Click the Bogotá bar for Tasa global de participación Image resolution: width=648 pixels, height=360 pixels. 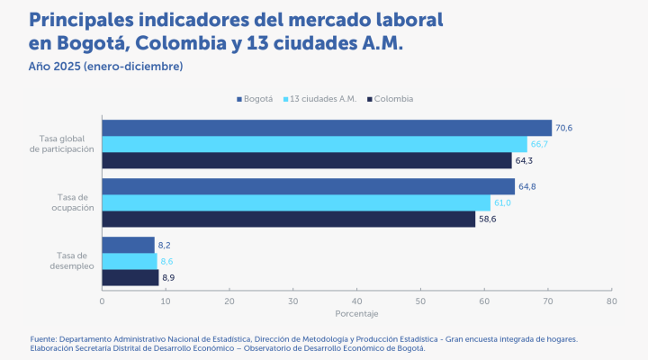[326, 128]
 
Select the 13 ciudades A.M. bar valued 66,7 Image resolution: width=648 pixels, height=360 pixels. [314, 144]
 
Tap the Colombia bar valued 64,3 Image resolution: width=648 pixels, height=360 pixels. [306, 161]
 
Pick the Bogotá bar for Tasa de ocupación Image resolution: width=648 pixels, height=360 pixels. [308, 186]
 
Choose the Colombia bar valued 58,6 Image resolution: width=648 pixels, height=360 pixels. [288, 219]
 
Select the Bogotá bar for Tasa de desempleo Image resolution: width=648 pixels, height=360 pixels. [128, 245]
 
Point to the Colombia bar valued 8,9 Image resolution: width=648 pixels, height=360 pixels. [130, 277]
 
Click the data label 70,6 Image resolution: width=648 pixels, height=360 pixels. [564, 128]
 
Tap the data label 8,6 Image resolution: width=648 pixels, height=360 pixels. [166, 261]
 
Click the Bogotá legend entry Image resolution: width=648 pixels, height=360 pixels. [254, 99]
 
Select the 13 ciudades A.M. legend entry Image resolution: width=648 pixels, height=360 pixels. [319, 99]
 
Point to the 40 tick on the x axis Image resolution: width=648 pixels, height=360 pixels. [357, 301]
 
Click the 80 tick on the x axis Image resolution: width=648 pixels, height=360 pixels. [612, 301]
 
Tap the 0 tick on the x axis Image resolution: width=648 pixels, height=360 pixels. [103, 301]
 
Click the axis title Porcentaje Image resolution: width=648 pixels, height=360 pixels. [356, 313]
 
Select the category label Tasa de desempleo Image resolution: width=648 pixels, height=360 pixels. [67, 260]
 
